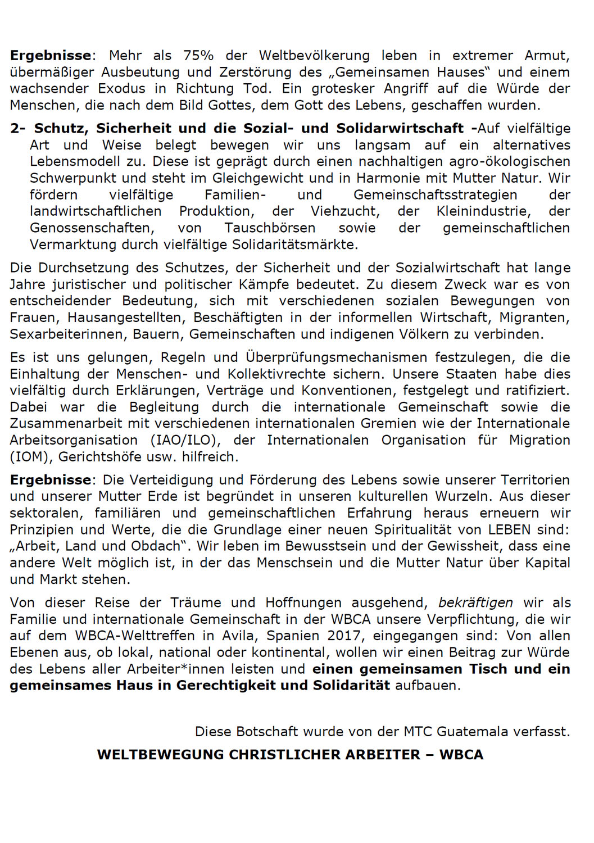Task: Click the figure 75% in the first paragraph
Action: (198, 56)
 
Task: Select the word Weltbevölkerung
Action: (314, 56)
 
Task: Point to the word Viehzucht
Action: (345, 211)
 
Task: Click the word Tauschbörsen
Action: (270, 228)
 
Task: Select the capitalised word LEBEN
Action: (509, 529)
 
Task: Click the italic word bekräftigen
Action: (475, 603)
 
